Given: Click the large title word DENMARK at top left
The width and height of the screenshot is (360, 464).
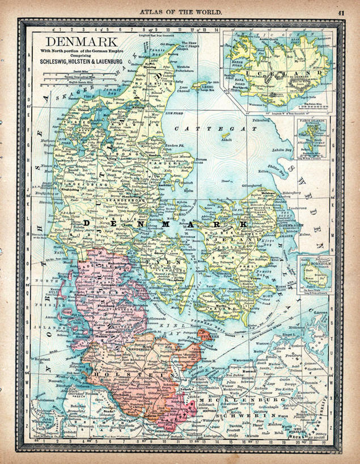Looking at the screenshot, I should click(82, 41).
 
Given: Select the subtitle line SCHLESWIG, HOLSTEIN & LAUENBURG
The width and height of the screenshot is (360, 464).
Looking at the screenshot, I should click(82, 62).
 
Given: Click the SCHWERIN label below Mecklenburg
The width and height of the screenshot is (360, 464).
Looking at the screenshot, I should click(234, 412).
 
